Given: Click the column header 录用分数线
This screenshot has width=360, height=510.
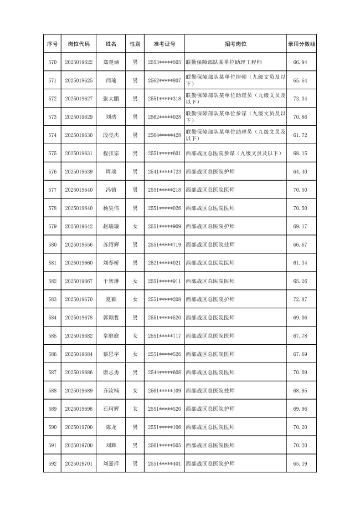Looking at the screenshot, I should tap(301, 43).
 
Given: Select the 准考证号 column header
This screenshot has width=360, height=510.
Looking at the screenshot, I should tap(164, 43).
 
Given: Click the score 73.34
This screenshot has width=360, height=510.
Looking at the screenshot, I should tap(301, 99).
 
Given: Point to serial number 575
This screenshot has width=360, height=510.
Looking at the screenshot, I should tap(53, 153).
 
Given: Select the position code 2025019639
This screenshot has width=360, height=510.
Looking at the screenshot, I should tap(79, 171).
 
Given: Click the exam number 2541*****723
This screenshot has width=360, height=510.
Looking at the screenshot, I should tap(164, 171).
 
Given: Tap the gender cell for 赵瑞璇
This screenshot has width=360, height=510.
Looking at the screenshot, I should tap(135, 226).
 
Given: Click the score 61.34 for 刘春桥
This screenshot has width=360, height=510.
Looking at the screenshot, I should tap(301, 263).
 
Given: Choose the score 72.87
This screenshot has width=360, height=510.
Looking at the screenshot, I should tap(301, 299).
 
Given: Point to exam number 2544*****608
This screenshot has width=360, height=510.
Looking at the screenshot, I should tap(164, 373).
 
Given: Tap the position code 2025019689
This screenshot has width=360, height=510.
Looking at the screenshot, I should tap(79, 391).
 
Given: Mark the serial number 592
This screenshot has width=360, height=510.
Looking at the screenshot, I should tap(53, 463).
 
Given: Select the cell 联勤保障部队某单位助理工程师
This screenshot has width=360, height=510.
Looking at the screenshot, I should tap(222, 62).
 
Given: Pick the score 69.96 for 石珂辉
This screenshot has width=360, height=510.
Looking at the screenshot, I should tap(301, 409).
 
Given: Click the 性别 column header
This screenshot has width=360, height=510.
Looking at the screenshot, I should tap(135, 43).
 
